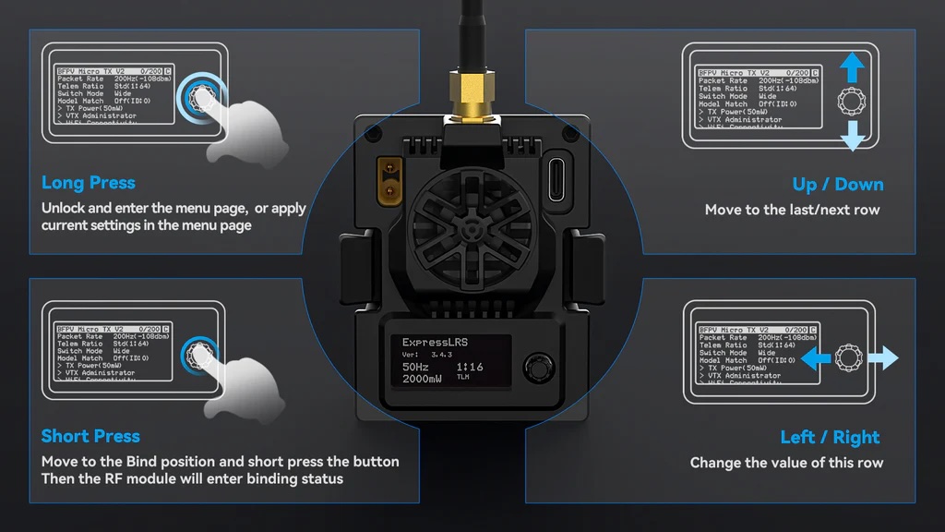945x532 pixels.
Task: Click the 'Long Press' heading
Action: pyautogui.click(x=89, y=183)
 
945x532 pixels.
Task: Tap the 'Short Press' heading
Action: pyautogui.click(x=90, y=436)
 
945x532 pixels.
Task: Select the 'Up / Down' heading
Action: pyautogui.click(x=837, y=185)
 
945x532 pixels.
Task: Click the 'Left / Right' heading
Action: pyautogui.click(x=830, y=437)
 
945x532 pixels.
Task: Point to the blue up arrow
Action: pyautogui.click(x=853, y=66)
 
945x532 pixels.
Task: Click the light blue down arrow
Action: pyautogui.click(x=853, y=136)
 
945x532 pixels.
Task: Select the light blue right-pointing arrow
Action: pyautogui.click(x=883, y=358)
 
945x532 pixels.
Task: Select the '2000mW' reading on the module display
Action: pyautogui.click(x=423, y=379)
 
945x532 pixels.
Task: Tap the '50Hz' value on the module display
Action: pyautogui.click(x=415, y=367)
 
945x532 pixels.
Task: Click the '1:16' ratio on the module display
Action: pyautogui.click(x=469, y=367)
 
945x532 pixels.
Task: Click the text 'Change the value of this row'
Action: pyautogui.click(x=786, y=463)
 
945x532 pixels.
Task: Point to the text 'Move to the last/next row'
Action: pyautogui.click(x=792, y=210)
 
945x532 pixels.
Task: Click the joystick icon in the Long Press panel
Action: pyautogui.click(x=200, y=95)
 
